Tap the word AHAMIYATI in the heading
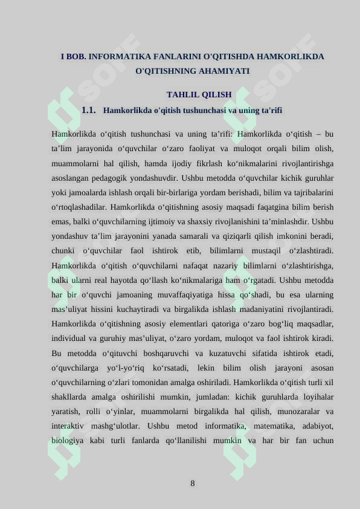coord(223,71)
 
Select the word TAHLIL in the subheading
coord(181,94)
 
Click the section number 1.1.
coord(89,111)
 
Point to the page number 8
coord(192,483)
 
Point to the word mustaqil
coord(257,251)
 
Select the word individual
coord(74,339)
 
